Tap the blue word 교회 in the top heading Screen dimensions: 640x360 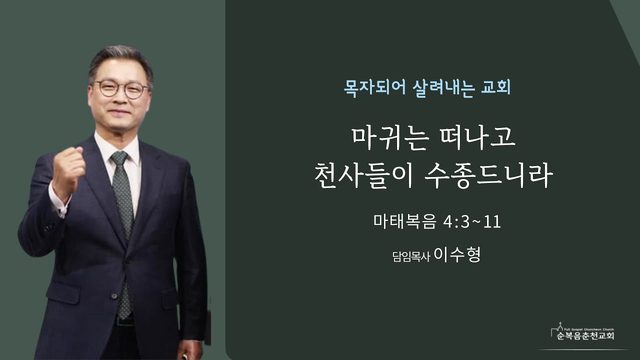coord(496,87)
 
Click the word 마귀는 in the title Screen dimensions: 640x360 coord(391,138)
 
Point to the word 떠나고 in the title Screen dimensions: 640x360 coord(476,137)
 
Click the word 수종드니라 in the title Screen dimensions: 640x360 coord(489,176)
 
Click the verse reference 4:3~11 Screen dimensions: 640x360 coord(472,222)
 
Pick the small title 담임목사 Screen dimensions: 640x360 coord(411,257)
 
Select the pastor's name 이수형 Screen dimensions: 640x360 coord(457,254)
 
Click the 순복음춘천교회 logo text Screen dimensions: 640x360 coord(586,336)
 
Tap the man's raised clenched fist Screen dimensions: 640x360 coord(69,167)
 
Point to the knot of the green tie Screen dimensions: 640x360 coord(120,158)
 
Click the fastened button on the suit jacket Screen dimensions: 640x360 coord(115,295)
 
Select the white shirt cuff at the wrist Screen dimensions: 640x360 coord(58,202)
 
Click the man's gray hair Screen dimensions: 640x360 coord(121,61)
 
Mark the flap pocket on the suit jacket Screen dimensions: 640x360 coord(63,292)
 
